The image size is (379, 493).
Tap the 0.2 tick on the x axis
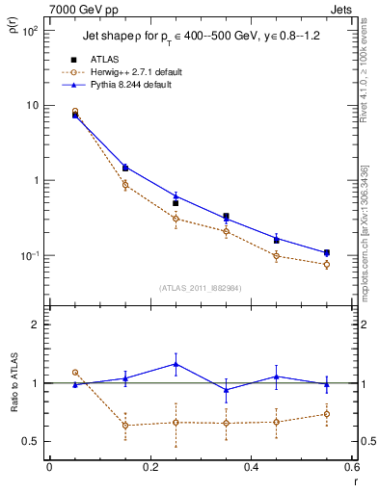pyautogui.click(x=149, y=468)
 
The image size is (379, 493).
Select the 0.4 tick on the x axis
pyautogui.click(x=251, y=468)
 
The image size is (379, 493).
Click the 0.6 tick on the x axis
pyautogui.click(x=351, y=468)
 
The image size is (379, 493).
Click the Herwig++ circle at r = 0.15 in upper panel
pyautogui.click(x=125, y=185)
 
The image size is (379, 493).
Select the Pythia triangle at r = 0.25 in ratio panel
pyautogui.click(x=176, y=363)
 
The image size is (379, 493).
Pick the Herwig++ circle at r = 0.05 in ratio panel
pyautogui.click(x=75, y=372)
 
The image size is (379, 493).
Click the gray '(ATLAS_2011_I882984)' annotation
pyautogui.click(x=200, y=288)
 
